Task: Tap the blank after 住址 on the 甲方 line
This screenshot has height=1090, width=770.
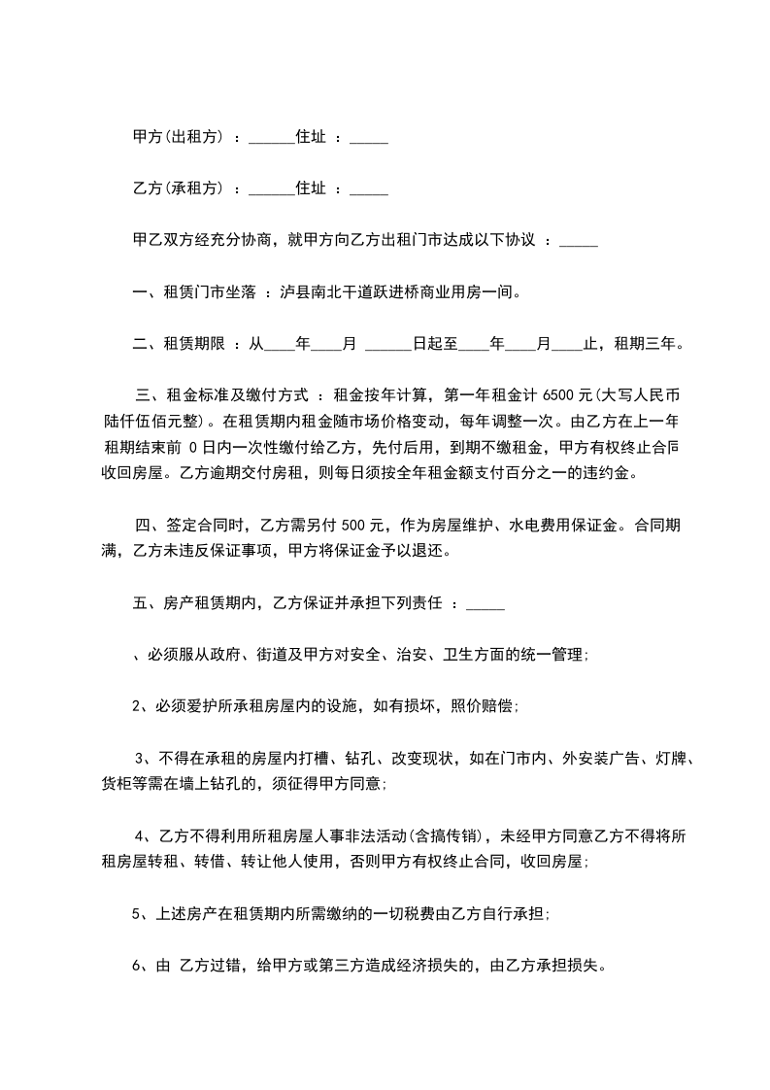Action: click(x=368, y=139)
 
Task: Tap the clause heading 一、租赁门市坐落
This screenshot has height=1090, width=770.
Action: click(x=194, y=290)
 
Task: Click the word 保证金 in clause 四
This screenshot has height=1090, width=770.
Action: click(x=583, y=526)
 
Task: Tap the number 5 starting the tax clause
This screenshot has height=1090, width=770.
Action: click(x=136, y=914)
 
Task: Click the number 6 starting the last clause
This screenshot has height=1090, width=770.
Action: click(x=136, y=967)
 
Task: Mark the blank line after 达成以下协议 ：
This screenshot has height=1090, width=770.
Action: click(x=579, y=241)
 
